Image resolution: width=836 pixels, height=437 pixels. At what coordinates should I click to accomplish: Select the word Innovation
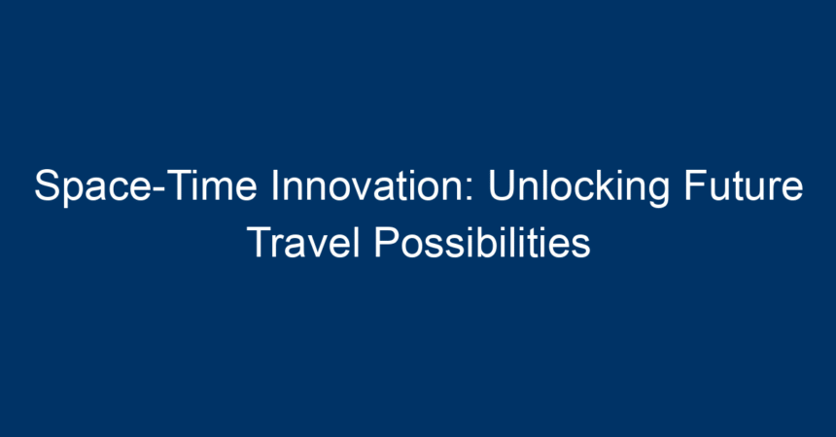(x=367, y=185)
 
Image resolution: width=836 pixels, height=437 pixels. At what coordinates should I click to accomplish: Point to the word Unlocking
(x=578, y=187)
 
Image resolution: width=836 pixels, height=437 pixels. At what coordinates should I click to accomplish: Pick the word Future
(x=744, y=185)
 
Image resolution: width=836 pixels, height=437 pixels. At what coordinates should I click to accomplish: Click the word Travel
(x=303, y=242)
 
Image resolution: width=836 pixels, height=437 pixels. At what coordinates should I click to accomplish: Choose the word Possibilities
(x=482, y=242)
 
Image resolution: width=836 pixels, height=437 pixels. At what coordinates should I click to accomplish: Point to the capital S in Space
(x=47, y=185)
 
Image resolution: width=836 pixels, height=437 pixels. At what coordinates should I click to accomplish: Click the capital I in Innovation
(x=274, y=185)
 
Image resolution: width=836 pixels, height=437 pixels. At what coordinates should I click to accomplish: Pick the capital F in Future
(x=696, y=185)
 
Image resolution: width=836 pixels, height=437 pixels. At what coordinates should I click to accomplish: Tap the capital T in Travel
(x=260, y=242)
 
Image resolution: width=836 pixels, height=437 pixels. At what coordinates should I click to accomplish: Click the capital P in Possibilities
(x=387, y=242)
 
